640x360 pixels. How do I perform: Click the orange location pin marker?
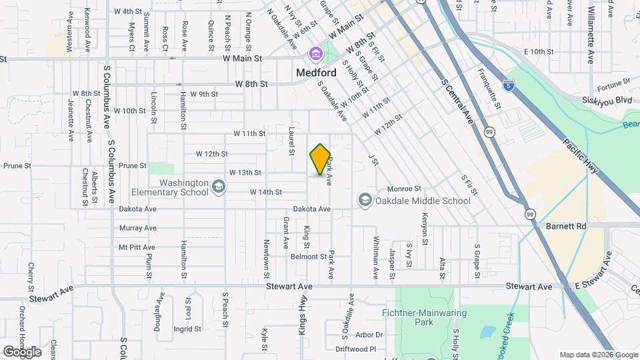[x=320, y=160]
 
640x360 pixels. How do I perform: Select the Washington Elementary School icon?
[x=218, y=186]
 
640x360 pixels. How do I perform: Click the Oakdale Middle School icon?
[x=365, y=200]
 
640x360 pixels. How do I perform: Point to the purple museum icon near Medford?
[x=315, y=53]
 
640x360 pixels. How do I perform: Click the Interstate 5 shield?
[x=509, y=85]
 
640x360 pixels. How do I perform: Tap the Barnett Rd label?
[x=566, y=227]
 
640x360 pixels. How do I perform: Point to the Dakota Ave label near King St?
[x=314, y=209]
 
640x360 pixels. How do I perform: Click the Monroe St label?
[x=405, y=189]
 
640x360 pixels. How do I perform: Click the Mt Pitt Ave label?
[x=137, y=247]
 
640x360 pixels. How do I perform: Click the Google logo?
[x=22, y=352]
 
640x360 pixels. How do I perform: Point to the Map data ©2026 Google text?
[x=599, y=355]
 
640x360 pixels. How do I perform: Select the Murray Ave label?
[x=137, y=228]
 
